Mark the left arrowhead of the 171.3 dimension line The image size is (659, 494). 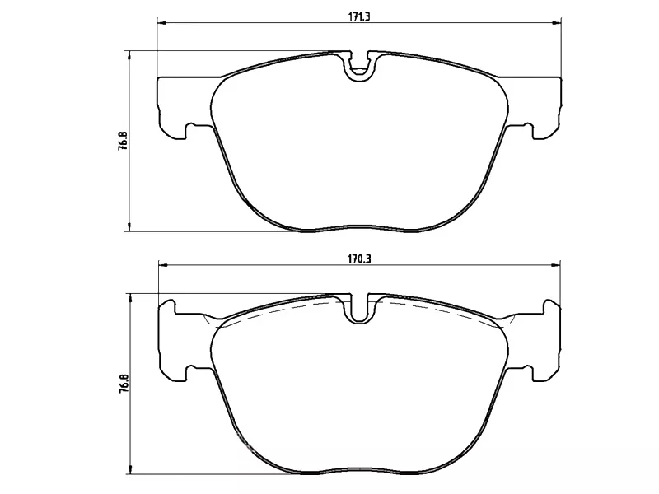click(161, 22)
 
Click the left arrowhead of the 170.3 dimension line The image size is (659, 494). click(161, 265)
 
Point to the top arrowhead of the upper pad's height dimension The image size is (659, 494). click(129, 54)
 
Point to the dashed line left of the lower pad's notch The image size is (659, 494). click(280, 310)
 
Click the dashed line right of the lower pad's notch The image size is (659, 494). click(437, 310)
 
